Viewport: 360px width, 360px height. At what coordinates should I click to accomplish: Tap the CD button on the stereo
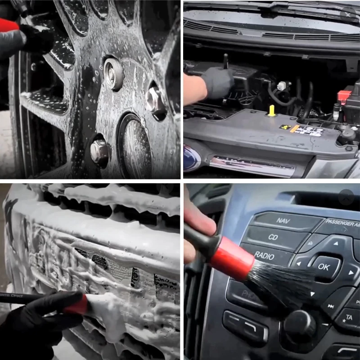(273, 237)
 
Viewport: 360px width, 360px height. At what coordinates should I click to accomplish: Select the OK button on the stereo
(324, 266)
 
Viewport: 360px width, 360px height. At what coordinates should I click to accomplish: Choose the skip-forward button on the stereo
(331, 306)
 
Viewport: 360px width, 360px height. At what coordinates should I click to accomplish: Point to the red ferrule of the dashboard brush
(232, 258)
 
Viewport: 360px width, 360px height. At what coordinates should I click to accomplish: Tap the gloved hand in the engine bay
(218, 83)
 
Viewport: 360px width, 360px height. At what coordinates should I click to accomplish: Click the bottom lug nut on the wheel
(99, 152)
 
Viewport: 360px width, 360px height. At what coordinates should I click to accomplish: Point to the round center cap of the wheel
(134, 144)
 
